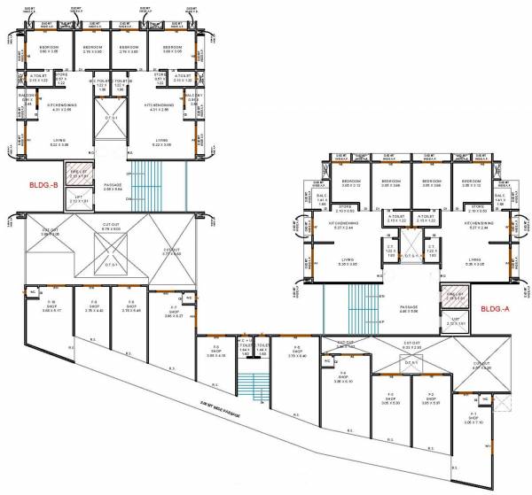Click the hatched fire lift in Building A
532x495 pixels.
[x=457, y=298]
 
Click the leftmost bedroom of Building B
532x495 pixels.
[x=49, y=50]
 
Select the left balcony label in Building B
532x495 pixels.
[x=26, y=99]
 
